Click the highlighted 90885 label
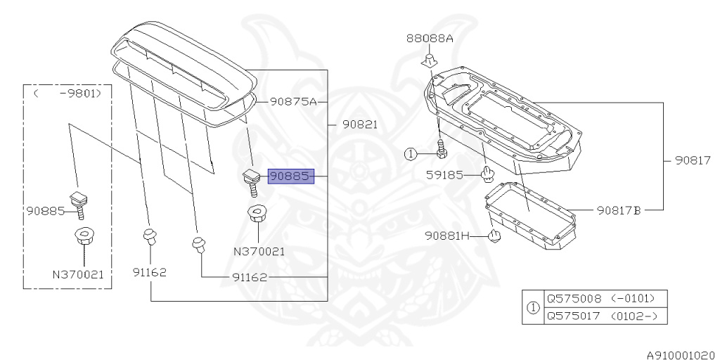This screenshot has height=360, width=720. click(289, 176)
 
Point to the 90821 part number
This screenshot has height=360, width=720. click(360, 124)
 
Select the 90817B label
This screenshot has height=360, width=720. click(619, 210)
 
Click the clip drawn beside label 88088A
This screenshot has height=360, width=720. click(430, 62)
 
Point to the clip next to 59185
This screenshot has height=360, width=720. click(486, 173)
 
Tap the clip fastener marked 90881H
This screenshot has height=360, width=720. click(494, 236)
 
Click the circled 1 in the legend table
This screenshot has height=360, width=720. click(534, 307)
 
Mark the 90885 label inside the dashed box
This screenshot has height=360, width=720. click(46, 210)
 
